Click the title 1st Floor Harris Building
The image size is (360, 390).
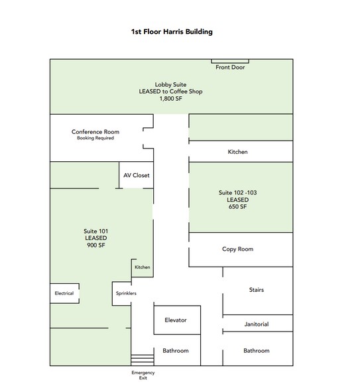coord(172,32)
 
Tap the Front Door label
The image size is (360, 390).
coord(230,67)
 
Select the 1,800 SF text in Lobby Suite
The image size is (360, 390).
coord(171,98)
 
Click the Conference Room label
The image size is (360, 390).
coord(95,132)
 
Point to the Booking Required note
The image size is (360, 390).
coord(95,138)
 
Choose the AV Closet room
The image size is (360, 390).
coord(137,175)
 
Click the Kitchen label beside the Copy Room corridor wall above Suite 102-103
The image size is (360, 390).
coord(237,152)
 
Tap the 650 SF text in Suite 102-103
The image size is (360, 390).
coord(237,207)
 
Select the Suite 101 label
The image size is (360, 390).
coord(95,231)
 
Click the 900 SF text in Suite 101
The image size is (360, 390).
coord(96,245)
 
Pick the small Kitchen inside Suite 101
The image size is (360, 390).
coord(142,268)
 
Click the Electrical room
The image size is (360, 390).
coord(65,293)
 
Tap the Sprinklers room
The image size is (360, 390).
coord(122,293)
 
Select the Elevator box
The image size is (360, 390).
coord(177,320)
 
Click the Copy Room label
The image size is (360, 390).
coord(237,249)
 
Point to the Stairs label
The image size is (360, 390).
coord(257,290)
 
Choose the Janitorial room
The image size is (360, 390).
coord(257,324)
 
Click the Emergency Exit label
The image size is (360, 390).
coord(143,375)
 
